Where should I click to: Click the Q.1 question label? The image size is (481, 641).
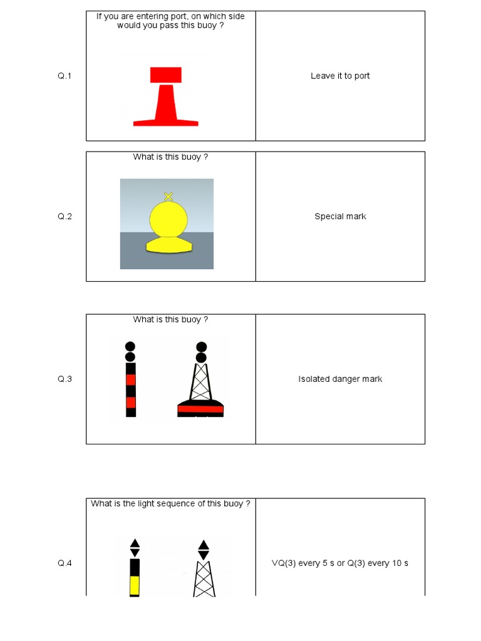point(65,76)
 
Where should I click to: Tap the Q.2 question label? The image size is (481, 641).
point(65,217)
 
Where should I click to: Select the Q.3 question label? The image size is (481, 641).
point(65,379)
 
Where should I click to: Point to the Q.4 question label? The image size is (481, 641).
point(65,563)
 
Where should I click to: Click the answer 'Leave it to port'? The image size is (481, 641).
point(340,76)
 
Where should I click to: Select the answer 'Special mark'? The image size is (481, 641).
point(340,217)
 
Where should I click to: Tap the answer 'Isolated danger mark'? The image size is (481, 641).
point(340,379)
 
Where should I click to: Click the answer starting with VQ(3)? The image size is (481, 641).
point(339,563)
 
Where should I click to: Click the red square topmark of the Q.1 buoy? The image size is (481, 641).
point(166,74)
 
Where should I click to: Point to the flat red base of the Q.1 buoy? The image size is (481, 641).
point(166,123)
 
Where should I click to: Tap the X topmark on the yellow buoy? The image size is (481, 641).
point(168,197)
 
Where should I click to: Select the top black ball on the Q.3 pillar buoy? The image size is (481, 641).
point(130,346)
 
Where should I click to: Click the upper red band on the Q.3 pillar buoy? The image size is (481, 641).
point(131,380)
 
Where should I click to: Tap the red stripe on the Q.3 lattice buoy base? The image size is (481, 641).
point(200,409)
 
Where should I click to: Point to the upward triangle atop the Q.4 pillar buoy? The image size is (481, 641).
point(135,543)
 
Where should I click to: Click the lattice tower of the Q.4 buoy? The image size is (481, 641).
point(204,579)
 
